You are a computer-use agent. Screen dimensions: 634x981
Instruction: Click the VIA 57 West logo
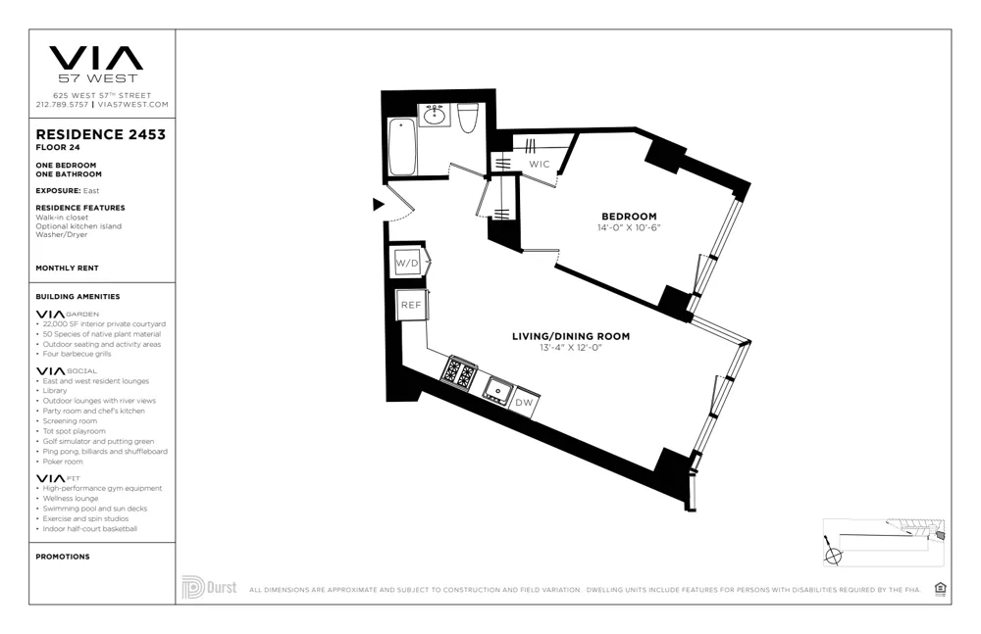(96, 64)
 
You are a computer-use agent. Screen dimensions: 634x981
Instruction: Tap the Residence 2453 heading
(100, 134)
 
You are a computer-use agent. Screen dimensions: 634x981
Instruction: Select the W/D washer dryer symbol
(407, 264)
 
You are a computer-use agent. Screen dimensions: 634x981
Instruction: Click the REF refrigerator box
(410, 305)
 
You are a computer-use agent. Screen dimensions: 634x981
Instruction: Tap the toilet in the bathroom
(467, 118)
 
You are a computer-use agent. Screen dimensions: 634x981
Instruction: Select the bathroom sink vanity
(435, 116)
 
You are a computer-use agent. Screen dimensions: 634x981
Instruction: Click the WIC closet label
(540, 165)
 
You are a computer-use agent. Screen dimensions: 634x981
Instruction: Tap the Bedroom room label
(629, 217)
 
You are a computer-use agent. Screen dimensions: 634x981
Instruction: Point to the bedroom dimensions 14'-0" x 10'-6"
(629, 228)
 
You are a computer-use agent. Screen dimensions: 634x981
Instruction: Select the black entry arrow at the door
(378, 205)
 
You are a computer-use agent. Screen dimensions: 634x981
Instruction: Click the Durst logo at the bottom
(209, 588)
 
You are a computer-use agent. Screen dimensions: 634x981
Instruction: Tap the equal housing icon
(940, 588)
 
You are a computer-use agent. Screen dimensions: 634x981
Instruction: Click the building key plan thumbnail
(883, 542)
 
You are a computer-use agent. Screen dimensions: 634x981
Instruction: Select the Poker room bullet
(64, 462)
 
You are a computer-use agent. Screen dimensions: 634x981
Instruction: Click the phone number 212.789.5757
(62, 104)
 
